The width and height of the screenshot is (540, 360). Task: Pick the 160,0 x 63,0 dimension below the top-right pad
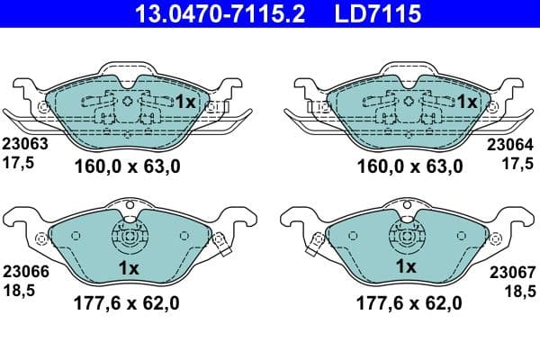click(409, 166)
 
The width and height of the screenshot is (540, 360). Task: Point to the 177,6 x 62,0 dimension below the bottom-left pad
click(125, 303)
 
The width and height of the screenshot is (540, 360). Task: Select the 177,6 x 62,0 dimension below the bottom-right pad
click(408, 303)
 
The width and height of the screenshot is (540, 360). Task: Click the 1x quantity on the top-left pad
click(184, 103)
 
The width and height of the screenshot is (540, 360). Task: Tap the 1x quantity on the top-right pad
click(467, 103)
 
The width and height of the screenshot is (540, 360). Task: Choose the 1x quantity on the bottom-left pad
click(128, 267)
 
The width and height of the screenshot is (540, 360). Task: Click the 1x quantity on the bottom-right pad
click(406, 267)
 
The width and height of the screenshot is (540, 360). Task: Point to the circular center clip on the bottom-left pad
click(128, 239)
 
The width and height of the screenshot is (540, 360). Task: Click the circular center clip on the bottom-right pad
click(406, 239)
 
